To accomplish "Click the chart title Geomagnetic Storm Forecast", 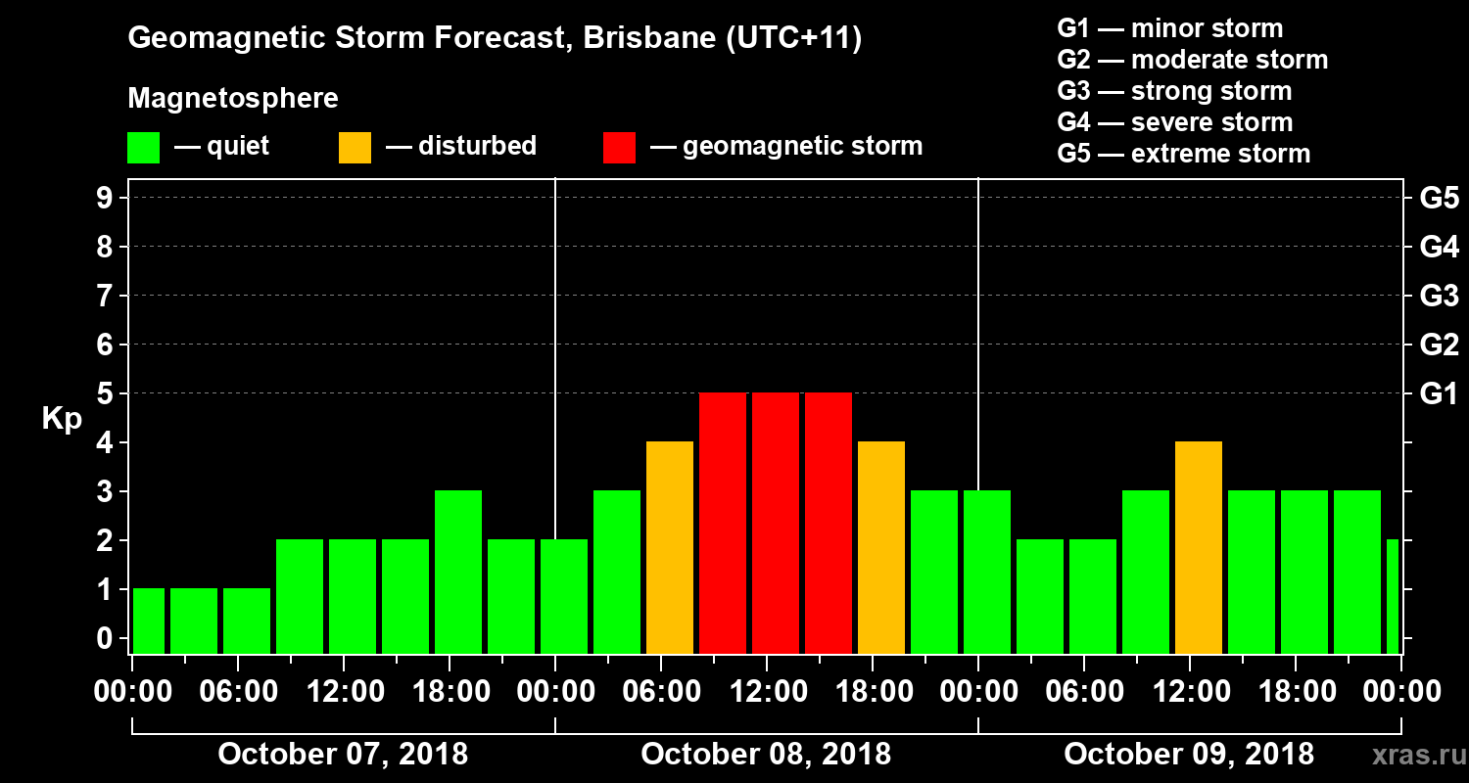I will click(x=495, y=39).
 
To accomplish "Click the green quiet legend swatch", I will click(x=143, y=148).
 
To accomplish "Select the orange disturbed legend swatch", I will click(x=355, y=148).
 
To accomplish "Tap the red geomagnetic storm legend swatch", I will click(x=619, y=148).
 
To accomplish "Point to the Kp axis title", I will click(x=62, y=419).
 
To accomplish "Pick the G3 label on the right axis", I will click(x=1439, y=296).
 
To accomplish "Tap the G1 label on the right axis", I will click(x=1439, y=394).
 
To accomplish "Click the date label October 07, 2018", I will click(x=343, y=755).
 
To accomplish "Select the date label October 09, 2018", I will click(x=1189, y=755).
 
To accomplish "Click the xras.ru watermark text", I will click(x=1411, y=756).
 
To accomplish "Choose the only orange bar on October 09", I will click(x=1199, y=547).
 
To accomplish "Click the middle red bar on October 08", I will click(x=776, y=523).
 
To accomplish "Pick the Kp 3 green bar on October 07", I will click(x=458, y=572).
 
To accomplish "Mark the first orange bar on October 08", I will click(x=670, y=547).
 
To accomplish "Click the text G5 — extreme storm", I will click(x=1183, y=154).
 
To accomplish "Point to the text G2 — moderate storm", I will click(x=1192, y=60).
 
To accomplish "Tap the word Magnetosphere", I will click(x=233, y=99).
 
